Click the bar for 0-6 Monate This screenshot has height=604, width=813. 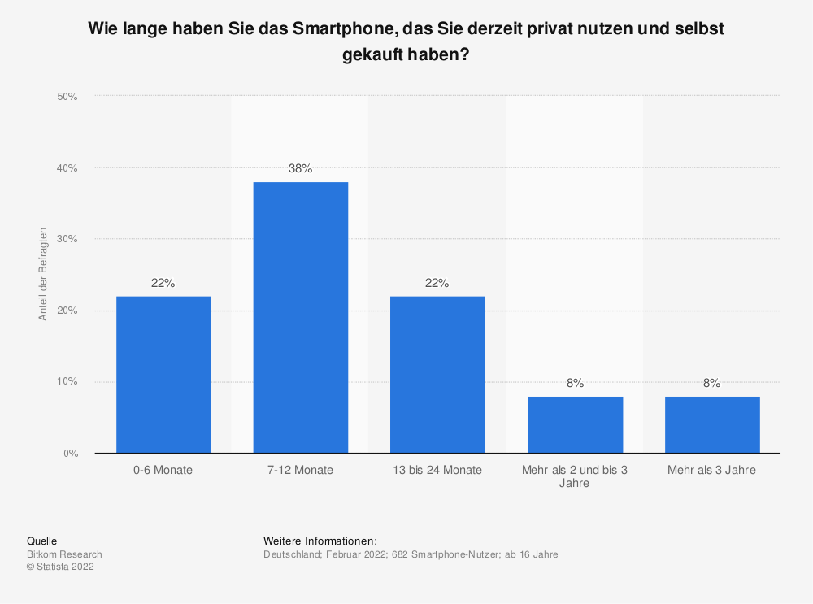[163, 374]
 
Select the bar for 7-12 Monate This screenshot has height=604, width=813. [301, 317]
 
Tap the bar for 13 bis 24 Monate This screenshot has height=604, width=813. [437, 374]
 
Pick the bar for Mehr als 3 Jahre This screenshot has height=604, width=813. [712, 424]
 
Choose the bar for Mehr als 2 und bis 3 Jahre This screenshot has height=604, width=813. [575, 424]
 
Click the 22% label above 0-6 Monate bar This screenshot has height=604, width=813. [163, 283]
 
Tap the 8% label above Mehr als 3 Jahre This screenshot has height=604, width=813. [712, 384]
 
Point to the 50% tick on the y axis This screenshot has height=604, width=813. [67, 97]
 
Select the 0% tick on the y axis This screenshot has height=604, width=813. [70, 453]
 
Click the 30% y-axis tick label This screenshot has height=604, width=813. [67, 239]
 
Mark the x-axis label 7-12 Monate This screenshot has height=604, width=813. [301, 470]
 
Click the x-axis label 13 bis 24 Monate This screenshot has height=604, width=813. [437, 470]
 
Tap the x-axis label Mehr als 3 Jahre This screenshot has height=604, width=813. [712, 470]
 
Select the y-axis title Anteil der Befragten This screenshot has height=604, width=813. [43, 274]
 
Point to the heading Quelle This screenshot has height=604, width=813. [41, 541]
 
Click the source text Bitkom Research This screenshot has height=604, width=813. [64, 554]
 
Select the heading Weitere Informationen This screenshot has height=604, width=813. [320, 541]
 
